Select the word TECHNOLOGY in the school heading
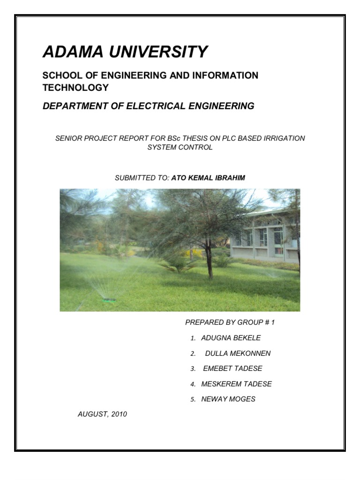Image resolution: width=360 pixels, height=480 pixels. (75, 88)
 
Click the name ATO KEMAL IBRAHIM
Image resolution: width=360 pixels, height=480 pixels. (208, 178)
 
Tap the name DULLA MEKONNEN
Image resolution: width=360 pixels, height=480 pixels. (238, 353)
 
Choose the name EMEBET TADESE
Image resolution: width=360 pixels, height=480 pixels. (232, 368)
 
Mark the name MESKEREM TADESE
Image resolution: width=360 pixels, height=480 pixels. (236, 384)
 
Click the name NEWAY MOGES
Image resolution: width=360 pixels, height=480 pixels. (228, 399)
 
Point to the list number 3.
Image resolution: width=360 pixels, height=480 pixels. (192, 369)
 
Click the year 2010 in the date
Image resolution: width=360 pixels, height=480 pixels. (119, 414)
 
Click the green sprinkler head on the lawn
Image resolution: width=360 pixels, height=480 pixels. (110, 300)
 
